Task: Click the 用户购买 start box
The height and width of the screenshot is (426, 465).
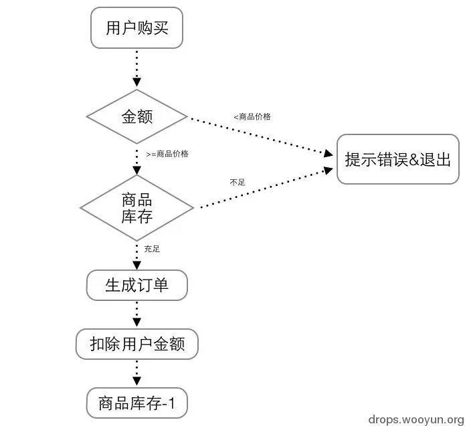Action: (x=136, y=28)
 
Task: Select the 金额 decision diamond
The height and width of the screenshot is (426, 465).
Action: (x=136, y=116)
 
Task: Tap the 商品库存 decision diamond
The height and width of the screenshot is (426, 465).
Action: (x=136, y=207)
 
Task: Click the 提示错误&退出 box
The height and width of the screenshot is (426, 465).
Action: (x=397, y=159)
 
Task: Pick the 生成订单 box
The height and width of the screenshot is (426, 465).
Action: (x=136, y=286)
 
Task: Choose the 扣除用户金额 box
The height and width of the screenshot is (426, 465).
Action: (x=136, y=344)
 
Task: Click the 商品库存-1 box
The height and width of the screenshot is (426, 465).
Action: (x=136, y=403)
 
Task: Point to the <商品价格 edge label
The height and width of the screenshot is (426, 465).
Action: (x=252, y=116)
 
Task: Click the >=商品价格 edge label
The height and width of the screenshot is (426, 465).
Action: (x=167, y=154)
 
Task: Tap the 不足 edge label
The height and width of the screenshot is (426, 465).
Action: (x=237, y=182)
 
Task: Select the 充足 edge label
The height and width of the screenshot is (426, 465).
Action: (x=152, y=249)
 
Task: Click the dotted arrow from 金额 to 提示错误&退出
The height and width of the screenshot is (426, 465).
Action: (x=261, y=136)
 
